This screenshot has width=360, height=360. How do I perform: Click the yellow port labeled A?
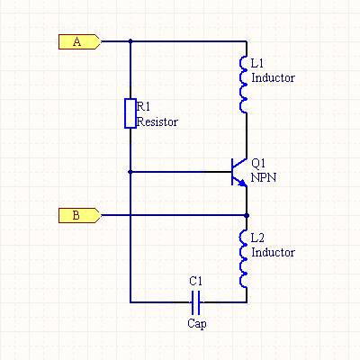pos(80,41)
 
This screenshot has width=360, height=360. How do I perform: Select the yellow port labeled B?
pos(80,215)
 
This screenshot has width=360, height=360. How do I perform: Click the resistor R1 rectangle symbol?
pos(130,113)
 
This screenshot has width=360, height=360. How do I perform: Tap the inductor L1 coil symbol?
pos(243,85)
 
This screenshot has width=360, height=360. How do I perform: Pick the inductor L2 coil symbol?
pos(243,259)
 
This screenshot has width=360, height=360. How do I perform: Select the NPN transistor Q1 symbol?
pos(239,172)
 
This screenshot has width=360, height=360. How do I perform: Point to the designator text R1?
pos(143,106)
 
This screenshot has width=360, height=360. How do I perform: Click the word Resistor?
pos(157,121)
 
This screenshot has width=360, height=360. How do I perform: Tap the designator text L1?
pos(257,63)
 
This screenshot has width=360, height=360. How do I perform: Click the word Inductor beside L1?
pos(273,77)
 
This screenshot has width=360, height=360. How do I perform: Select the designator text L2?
pos(257,238)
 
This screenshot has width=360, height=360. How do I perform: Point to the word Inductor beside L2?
pos(273,252)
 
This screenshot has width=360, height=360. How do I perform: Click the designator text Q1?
pos(258,163)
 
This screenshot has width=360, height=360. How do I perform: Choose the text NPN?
pos(264,177)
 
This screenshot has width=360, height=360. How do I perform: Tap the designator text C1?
pos(196,281)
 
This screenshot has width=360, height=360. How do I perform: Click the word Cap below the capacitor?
pos(197,323)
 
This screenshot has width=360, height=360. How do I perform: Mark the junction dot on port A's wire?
pos(130,41)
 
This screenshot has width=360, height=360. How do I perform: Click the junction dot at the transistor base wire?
pos(130,172)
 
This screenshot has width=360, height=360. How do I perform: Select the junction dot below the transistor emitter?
pos(247,215)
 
